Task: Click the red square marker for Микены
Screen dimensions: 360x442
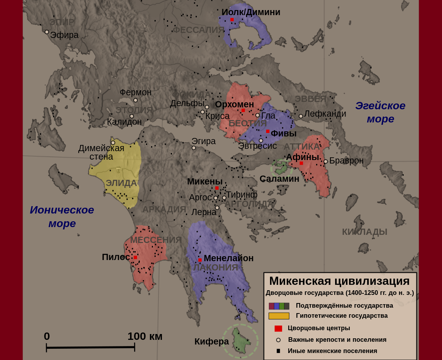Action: point(217,188)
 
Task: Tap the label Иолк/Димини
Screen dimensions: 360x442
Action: point(251,12)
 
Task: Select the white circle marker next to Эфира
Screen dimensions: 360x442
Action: point(47,32)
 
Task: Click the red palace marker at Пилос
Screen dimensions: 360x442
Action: point(135,257)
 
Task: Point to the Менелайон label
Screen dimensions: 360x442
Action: point(229,258)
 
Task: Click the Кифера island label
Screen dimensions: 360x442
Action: point(212,341)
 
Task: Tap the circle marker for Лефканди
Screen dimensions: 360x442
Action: point(301,116)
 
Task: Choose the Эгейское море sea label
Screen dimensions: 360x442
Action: point(380,112)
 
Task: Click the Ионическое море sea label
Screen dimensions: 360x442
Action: point(62,216)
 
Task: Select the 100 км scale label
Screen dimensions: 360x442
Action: point(145,336)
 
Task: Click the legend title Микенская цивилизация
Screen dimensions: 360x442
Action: point(339,281)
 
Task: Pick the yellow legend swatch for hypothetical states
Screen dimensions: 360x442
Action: point(279,316)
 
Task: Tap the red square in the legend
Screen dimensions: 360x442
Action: point(278,329)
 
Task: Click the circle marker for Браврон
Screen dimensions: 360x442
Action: point(326,162)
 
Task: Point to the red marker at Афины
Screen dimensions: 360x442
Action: point(301,163)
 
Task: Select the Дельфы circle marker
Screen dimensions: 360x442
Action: point(207,107)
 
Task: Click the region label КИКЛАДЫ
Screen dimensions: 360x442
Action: point(365,232)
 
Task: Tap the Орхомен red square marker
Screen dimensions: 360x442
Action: point(243,110)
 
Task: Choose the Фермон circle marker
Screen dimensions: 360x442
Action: point(136,100)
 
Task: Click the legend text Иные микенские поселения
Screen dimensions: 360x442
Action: point(332,351)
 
